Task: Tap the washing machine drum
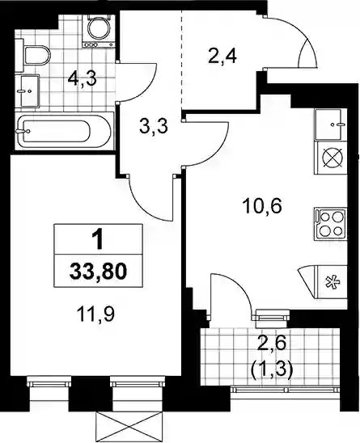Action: [x=99, y=28]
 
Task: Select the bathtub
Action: [x=64, y=131]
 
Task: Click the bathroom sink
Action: [x=30, y=91]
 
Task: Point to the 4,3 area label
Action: [x=83, y=79]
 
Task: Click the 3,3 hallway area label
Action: [x=154, y=126]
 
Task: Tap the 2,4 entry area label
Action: [x=222, y=57]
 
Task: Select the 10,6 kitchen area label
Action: [x=262, y=206]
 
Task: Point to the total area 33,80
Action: [x=98, y=272]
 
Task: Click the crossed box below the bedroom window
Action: [x=130, y=427]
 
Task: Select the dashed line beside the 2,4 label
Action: [x=182, y=61]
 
